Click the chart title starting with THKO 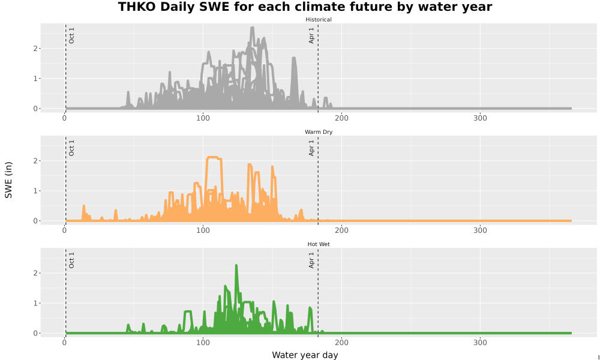pos(305,7)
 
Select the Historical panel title pos(319,20)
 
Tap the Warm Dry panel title pos(319,132)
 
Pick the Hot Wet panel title pos(319,244)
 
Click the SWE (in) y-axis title pos(8,180)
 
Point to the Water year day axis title pos(305,355)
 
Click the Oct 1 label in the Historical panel pos(71,35)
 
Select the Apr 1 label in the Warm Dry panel pos(311,148)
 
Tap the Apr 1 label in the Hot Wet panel pos(311,260)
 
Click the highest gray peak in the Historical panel pos(252,28)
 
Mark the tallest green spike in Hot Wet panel pos(236,265)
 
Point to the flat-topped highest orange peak pos(213,157)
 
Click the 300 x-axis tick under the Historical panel pos(480,118)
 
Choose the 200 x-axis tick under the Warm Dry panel pos(341,230)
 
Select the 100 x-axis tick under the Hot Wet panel pos(203,343)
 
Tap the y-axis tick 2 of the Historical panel pos(35,49)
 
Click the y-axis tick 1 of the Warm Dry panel pos(35,191)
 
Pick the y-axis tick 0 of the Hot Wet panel pos(35,333)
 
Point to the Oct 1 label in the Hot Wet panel pos(71,260)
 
